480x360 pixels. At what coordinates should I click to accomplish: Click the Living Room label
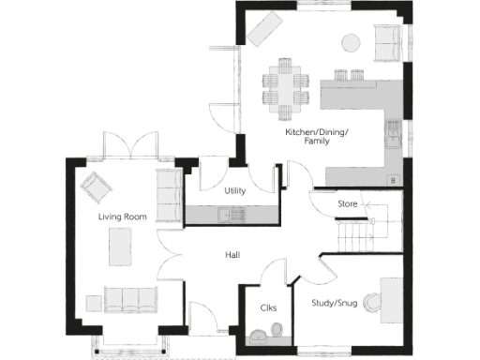pos(123,217)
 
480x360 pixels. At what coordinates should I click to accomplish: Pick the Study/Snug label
pos(335,302)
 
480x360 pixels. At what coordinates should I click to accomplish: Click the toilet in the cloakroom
pos(277,330)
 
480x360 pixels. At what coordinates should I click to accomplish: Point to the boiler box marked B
pos(391,178)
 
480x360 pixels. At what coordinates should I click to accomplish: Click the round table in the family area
pos(351,41)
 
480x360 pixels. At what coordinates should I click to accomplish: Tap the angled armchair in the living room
pos(95,187)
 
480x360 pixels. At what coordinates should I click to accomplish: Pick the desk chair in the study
pos(375,301)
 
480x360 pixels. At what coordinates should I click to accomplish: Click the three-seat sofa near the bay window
pos(127,300)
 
